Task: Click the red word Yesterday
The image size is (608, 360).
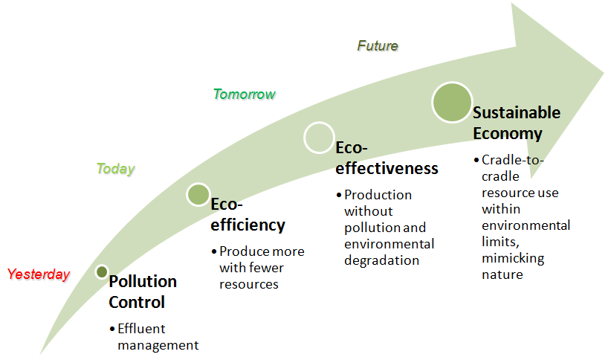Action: pyautogui.click(x=39, y=274)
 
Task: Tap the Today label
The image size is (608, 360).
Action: pyautogui.click(x=115, y=169)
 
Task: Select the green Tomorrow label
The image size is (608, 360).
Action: pyautogui.click(x=244, y=94)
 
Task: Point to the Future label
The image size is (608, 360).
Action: pyautogui.click(x=378, y=46)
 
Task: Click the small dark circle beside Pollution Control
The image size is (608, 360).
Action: pyautogui.click(x=102, y=271)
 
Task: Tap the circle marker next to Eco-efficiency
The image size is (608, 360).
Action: pyautogui.click(x=198, y=195)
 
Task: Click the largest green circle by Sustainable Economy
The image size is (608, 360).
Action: pyautogui.click(x=452, y=102)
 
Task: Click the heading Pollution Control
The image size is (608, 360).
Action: pyautogui.click(x=143, y=292)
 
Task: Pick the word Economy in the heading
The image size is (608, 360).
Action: pyautogui.click(x=507, y=134)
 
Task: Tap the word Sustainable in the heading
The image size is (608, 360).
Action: pyautogui.click(x=517, y=113)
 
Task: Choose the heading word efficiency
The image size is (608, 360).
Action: pyautogui.click(x=248, y=225)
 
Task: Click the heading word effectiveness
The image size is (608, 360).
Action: pyautogui.click(x=387, y=168)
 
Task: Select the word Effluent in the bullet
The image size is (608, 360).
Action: pyautogui.click(x=141, y=328)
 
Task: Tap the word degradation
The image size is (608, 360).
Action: pyautogui.click(x=382, y=260)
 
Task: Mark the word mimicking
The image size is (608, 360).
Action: pyautogui.click(x=513, y=258)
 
